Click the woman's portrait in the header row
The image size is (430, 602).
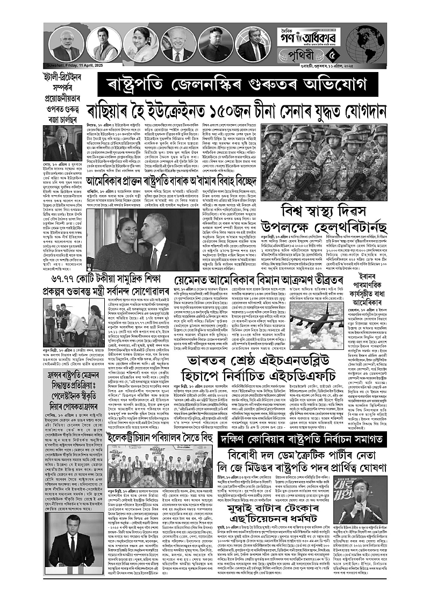coord(139,45)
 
